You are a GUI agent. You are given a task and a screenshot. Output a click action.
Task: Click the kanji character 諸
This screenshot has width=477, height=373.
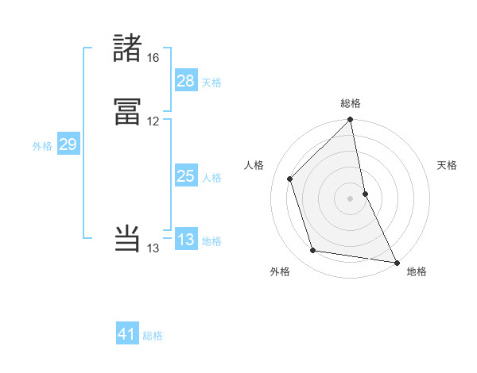click(x=128, y=48)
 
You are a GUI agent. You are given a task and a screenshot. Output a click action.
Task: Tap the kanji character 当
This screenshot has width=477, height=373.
click(x=128, y=239)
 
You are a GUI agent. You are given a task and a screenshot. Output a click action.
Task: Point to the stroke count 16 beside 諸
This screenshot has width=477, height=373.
click(x=153, y=58)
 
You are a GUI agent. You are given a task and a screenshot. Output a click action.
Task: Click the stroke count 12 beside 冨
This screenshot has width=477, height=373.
click(x=153, y=121)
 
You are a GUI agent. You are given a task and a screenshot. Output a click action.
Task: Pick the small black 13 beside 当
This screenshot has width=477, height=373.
click(x=153, y=248)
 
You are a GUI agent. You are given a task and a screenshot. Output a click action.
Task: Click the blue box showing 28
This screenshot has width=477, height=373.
click(x=185, y=80)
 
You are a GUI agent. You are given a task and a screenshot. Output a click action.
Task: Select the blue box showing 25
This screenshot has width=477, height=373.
click(x=185, y=176)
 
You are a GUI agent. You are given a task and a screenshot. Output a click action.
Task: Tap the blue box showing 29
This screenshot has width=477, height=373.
click(x=68, y=144)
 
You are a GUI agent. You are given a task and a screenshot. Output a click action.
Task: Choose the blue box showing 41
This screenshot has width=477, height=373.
click(x=127, y=334)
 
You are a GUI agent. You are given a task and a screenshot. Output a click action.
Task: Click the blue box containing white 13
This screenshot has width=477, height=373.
click(x=185, y=240)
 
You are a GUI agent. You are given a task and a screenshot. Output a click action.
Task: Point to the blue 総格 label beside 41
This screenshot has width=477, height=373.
click(x=153, y=336)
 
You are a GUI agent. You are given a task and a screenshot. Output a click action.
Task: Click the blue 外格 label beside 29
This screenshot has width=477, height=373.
click(x=42, y=146)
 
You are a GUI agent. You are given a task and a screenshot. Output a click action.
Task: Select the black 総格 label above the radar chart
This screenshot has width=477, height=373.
click(x=351, y=104)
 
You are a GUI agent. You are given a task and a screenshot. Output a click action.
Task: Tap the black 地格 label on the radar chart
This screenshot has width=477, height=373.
click(x=417, y=271)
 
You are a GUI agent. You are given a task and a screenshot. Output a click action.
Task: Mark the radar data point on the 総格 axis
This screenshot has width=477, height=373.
click(x=351, y=121)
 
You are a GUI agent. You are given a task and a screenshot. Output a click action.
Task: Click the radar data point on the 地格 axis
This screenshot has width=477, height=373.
click(x=396, y=261)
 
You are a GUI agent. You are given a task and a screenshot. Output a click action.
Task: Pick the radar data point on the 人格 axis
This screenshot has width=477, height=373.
click(x=290, y=179)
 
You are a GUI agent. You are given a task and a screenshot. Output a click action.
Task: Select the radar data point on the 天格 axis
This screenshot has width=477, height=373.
click(x=365, y=193)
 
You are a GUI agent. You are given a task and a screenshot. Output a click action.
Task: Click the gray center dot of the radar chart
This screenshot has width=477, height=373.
click(x=351, y=198)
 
